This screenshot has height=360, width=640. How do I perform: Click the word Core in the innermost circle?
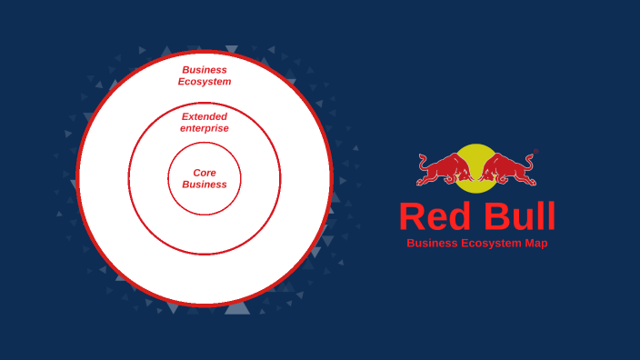[205, 173]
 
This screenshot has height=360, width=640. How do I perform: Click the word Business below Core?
[205, 185]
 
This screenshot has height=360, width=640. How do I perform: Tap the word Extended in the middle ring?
[205, 116]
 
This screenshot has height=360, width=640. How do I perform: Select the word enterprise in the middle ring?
[205, 128]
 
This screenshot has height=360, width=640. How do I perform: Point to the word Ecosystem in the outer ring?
[205, 82]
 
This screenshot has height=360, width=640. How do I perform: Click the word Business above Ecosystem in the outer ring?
[205, 70]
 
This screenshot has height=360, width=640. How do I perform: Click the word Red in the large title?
[431, 217]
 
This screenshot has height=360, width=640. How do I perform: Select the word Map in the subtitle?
[535, 244]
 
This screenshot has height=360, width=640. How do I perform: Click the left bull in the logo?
[446, 169]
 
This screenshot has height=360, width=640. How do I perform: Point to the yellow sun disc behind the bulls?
[477, 155]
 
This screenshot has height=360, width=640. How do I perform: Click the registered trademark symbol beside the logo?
[536, 152]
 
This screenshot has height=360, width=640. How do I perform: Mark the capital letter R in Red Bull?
[412, 217]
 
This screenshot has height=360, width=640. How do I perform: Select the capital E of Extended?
[185, 116]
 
